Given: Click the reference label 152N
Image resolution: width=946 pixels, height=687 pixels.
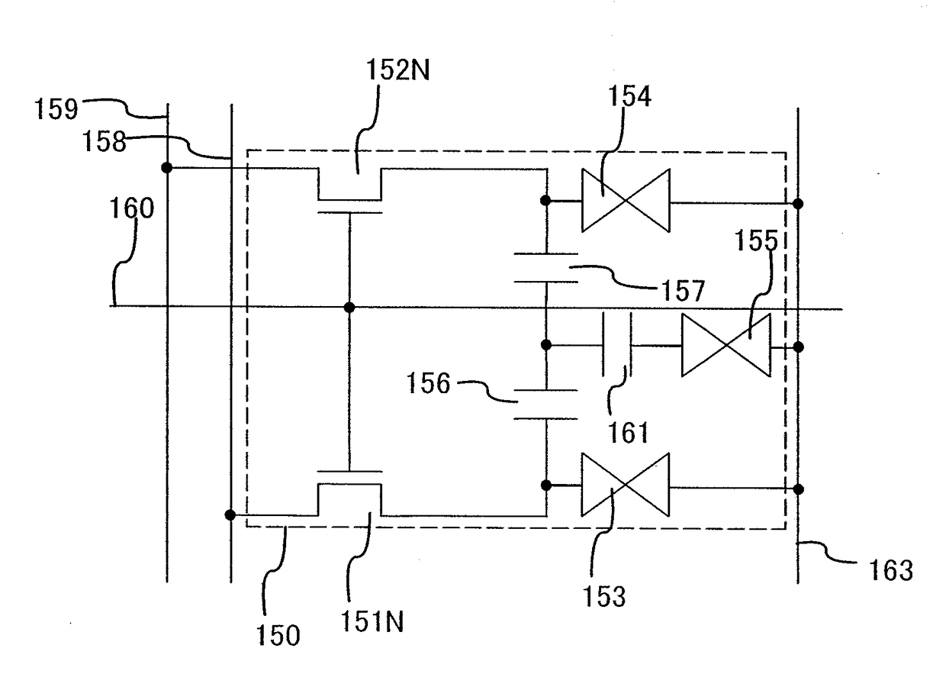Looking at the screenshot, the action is pos(397,69).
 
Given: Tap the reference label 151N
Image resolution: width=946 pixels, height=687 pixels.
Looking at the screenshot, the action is pos(372,621).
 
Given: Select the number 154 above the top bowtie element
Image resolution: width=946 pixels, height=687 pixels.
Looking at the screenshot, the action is pos(629,96).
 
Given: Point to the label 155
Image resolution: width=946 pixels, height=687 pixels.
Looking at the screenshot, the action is pos(756,240).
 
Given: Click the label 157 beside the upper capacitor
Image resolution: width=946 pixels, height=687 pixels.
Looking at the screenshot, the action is pos(683,290).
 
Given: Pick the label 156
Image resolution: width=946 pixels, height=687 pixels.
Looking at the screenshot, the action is pos(428,383).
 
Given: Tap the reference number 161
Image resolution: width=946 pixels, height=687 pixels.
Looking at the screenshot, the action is pos(628,433).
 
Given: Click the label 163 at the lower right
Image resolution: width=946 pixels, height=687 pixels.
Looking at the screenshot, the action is pos(890,570).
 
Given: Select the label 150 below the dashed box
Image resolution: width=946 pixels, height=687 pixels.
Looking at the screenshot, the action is pos(278,635).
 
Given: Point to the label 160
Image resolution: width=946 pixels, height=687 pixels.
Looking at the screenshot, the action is pos(132,208).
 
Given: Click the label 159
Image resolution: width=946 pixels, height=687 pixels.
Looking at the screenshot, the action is pos(56,108).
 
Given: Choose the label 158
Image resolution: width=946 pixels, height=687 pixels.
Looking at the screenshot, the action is pos(104,140).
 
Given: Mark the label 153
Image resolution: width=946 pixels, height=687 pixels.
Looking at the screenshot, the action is pos(604,597).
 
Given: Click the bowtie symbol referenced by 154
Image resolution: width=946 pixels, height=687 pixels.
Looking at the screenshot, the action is pos(626,201).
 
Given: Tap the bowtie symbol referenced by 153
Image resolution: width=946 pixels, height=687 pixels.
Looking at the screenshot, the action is pos(625,485).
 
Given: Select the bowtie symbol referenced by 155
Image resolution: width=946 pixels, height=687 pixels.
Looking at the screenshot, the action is pos(726,345).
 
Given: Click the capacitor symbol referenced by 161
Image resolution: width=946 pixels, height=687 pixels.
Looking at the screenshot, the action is pos(617,345).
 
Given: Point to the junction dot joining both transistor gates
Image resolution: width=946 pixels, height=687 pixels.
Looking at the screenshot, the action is pos(349,307).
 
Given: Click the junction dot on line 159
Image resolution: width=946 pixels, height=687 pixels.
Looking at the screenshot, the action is pos(167,168).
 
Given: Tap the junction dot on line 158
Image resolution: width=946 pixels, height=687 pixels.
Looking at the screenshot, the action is pos(230,515).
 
